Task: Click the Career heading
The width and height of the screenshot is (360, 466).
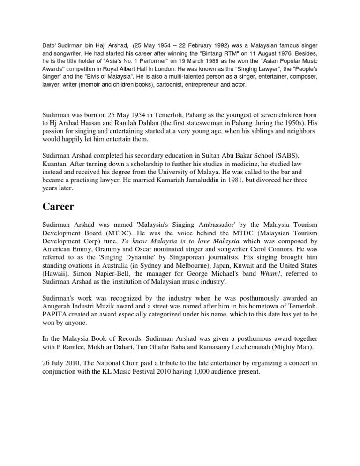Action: click(61, 207)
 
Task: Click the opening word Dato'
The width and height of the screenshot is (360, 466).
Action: click(49, 46)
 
